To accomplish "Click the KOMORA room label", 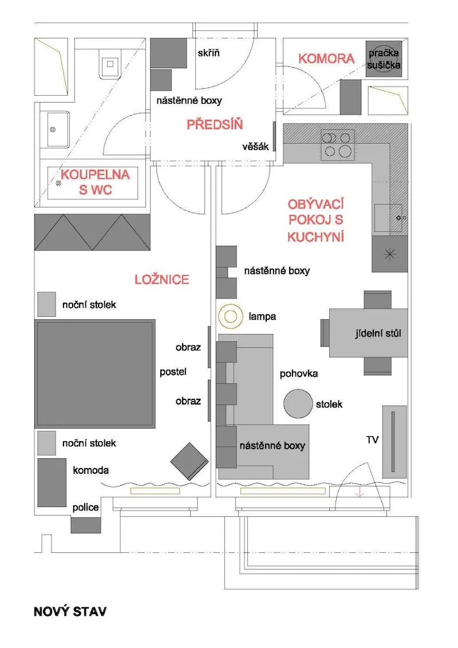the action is [326, 58].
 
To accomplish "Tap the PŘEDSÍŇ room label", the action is [215, 124].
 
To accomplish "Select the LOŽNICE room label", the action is [162, 280].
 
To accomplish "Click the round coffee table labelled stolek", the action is [298, 404].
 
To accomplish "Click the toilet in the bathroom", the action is [110, 64].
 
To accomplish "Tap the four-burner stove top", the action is [337, 145].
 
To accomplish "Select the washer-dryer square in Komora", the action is [384, 58].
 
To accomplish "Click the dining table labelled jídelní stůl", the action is [368, 333].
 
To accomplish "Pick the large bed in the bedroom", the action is [95, 374].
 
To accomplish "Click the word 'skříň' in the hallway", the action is [208, 53].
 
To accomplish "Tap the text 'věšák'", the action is [256, 146].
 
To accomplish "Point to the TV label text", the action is [372, 439].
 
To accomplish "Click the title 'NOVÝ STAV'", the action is [70, 612].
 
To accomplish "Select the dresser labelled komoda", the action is [52, 482].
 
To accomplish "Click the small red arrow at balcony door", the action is [360, 492].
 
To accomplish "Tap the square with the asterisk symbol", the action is [390, 254].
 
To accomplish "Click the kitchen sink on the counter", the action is [388, 218].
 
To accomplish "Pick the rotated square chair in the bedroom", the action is [189, 461].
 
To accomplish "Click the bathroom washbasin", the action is [58, 129].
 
